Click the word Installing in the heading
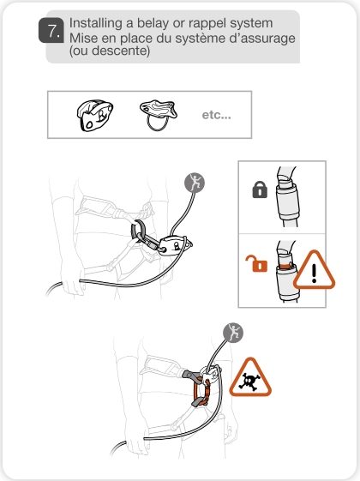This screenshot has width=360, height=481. pyautogui.click(x=96, y=21)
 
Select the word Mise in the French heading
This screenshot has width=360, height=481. pyautogui.click(x=84, y=39)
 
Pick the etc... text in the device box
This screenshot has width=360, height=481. pyautogui.click(x=215, y=115)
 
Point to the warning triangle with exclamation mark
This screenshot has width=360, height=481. pyautogui.click(x=313, y=273)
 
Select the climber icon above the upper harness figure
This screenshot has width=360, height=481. pyautogui.click(x=196, y=182)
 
